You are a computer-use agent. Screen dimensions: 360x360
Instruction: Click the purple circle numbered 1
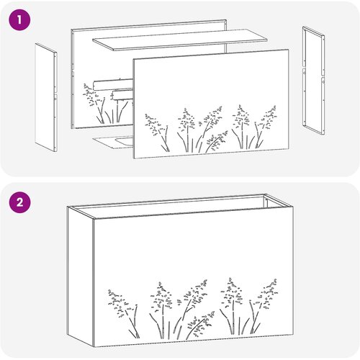[x=19, y=19]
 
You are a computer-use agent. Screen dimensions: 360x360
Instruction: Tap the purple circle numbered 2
[x=19, y=202]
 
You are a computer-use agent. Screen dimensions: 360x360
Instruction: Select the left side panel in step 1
[x=46, y=97]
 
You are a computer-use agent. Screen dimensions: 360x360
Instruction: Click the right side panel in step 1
[x=314, y=81]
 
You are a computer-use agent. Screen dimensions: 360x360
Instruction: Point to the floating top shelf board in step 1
[x=180, y=40]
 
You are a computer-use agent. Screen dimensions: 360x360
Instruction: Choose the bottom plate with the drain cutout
[x=114, y=142]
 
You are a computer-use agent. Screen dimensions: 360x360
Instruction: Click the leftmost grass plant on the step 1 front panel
[x=157, y=132]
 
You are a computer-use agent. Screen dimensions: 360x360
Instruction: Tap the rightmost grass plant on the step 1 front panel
[x=265, y=127]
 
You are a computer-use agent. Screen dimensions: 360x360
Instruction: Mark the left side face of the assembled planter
[x=81, y=276]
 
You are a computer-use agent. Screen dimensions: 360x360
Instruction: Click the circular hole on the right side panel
[x=323, y=81]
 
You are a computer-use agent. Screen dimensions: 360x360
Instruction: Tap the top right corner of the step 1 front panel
[x=289, y=50]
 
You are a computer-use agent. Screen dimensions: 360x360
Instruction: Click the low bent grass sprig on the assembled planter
[x=201, y=323]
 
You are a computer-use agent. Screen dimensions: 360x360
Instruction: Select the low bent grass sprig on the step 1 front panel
[x=217, y=141]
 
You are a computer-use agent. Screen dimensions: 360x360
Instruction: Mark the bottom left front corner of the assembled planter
[x=94, y=347]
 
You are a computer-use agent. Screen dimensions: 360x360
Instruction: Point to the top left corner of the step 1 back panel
[x=71, y=30]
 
